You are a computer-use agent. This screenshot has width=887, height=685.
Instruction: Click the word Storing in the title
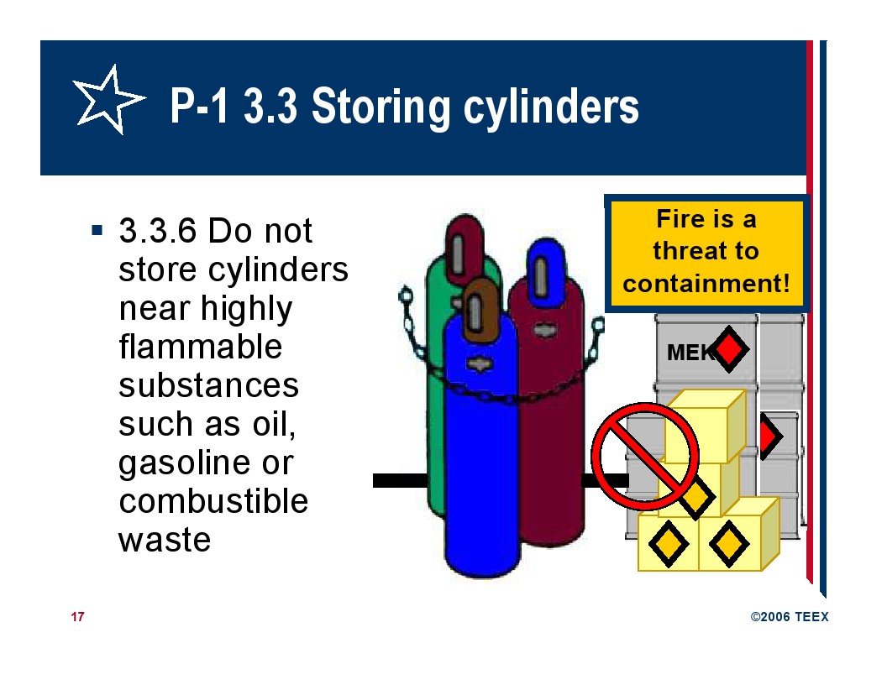(381, 107)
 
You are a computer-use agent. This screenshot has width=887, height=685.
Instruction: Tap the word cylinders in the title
(551, 107)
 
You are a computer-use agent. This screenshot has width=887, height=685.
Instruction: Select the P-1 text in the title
(200, 106)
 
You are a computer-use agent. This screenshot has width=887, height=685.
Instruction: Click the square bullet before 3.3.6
(97, 230)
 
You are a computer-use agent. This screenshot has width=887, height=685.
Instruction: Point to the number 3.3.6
(158, 231)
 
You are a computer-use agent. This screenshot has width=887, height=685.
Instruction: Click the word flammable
(200, 346)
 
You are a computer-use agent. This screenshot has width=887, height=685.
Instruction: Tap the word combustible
(213, 501)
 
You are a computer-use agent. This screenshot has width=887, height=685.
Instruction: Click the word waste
(165, 541)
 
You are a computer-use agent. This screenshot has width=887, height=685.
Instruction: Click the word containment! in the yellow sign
(706, 283)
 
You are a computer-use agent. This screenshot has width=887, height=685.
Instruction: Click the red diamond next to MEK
(730, 349)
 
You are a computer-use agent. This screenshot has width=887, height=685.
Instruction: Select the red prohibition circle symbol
(645, 457)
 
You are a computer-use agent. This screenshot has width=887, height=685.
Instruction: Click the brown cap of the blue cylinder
(479, 310)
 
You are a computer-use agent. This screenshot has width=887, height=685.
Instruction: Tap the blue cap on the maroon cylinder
(545, 273)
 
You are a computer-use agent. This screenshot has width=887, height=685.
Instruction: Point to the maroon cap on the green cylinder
(464, 248)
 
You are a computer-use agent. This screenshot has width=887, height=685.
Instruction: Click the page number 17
(77, 617)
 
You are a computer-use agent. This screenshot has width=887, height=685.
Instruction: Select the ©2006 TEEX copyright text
(789, 617)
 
